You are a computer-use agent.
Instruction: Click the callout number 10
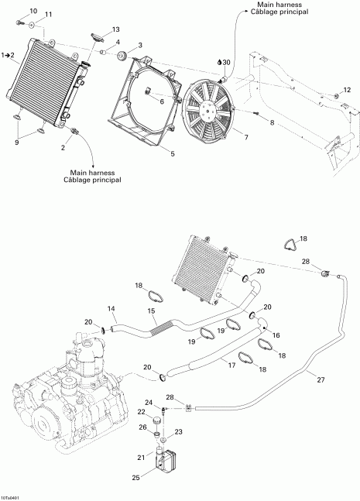(x=33, y=9)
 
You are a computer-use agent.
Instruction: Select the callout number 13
(x=115, y=29)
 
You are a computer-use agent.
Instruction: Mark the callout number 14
(x=111, y=309)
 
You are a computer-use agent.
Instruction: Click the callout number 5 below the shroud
(x=172, y=153)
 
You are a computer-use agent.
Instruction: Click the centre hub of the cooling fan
(x=207, y=110)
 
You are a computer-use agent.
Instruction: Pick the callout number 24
(x=149, y=401)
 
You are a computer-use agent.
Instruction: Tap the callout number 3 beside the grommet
(x=139, y=45)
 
